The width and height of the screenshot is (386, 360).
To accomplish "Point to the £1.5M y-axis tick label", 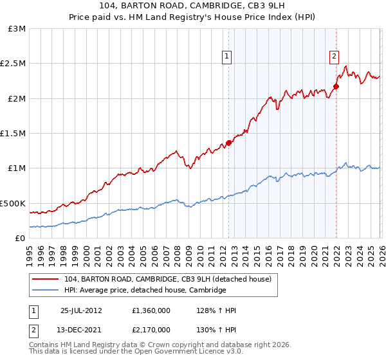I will [x=14, y=133].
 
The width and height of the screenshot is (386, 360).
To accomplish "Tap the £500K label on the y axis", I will [x=14, y=203].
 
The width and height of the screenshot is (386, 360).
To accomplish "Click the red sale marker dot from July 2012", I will [x=228, y=143].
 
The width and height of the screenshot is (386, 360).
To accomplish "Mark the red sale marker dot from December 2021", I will [x=336, y=86].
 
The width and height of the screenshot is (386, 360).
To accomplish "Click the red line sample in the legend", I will [x=46, y=279].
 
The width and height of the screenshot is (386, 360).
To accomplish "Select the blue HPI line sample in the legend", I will [x=46, y=290].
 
